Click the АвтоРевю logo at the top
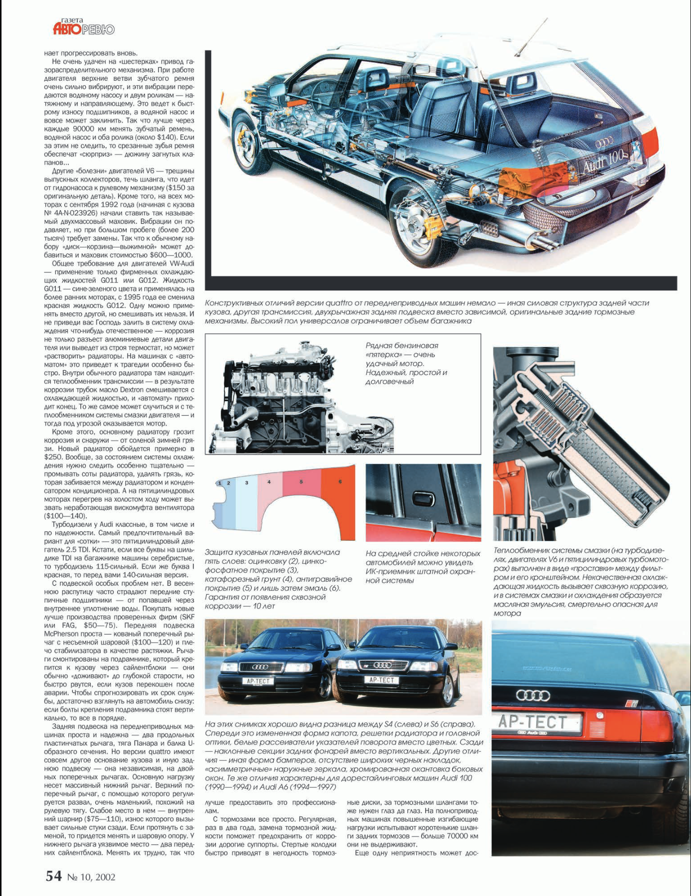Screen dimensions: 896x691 (83, 28)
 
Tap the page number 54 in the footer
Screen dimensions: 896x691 (54, 876)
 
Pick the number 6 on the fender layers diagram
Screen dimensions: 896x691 (340, 481)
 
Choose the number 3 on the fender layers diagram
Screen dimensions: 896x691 (246, 482)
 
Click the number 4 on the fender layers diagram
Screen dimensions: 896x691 (269, 482)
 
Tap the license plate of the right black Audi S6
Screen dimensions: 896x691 (381, 679)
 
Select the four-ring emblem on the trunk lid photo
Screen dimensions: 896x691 (533, 695)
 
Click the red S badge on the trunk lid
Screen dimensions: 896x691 (632, 703)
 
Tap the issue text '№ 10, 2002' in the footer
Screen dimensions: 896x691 (91, 877)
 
